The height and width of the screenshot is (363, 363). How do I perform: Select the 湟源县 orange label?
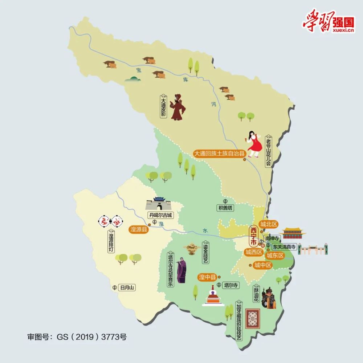pyautogui.click(x=139, y=229)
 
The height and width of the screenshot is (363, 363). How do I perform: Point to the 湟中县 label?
pyautogui.click(x=207, y=277)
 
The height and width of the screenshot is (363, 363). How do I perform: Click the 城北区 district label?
pyautogui.click(x=269, y=225)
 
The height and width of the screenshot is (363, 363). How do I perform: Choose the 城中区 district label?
pyautogui.click(x=263, y=265)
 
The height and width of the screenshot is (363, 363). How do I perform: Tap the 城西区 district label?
pyautogui.click(x=253, y=252)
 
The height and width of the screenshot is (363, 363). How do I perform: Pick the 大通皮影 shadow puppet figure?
pyautogui.click(x=178, y=107)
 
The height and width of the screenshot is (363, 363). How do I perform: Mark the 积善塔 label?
pyautogui.click(x=225, y=208)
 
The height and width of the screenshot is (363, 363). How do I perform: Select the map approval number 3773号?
pyautogui.click(x=115, y=337)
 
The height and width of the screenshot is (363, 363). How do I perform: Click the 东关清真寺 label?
pyautogui.click(x=285, y=247)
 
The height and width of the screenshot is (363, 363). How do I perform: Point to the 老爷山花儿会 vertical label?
pyautogui.click(x=268, y=149)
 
